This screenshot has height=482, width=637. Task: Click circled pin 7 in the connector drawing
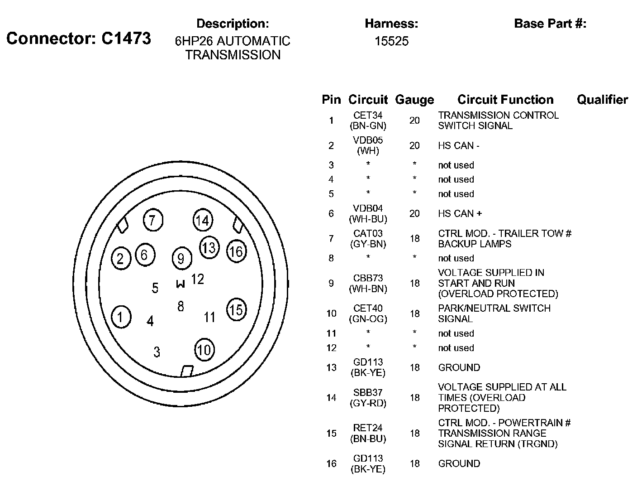[x=152, y=221]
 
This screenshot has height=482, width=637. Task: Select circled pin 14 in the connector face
[x=202, y=221]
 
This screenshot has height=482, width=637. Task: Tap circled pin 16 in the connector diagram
[x=236, y=251]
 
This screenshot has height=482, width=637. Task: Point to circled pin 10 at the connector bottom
[x=204, y=350]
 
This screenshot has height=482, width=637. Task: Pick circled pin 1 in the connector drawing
[x=120, y=317]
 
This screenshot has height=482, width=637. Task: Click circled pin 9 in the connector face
[x=181, y=259]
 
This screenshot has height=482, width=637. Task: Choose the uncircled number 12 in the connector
[x=198, y=279]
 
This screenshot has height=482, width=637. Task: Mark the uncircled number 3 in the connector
[x=157, y=352]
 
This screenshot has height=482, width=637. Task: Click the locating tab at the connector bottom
[x=187, y=371]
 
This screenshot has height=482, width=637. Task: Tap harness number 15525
[x=391, y=41]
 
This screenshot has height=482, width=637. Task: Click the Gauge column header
[x=414, y=100]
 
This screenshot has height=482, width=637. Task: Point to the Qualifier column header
[x=602, y=100]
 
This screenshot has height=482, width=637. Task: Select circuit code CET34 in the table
[x=368, y=116]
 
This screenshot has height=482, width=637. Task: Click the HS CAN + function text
[x=460, y=213]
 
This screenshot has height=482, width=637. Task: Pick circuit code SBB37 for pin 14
[x=368, y=393]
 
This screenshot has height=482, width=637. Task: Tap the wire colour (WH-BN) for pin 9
[x=368, y=289]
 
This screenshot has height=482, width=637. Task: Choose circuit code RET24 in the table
[x=368, y=428]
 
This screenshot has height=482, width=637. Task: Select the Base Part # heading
[x=550, y=24]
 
